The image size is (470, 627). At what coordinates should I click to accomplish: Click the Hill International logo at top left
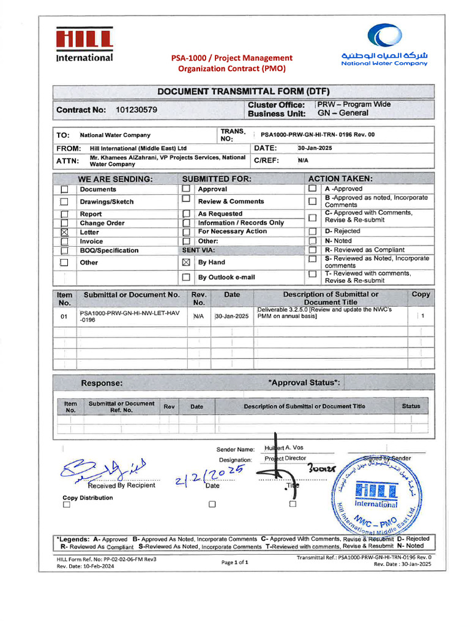(x=84, y=45)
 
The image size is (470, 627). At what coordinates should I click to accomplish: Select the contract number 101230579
(x=136, y=110)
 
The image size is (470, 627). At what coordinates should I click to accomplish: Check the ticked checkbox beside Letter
(x=64, y=233)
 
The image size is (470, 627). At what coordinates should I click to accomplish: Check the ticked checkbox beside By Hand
(x=187, y=262)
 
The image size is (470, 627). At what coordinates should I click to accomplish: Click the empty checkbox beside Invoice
(x=64, y=242)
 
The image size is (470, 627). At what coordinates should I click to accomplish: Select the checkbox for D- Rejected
(x=312, y=231)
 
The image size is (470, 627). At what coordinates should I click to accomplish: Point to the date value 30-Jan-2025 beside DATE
(x=315, y=148)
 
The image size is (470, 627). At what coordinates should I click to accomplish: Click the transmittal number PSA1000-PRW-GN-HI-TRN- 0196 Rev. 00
(x=317, y=135)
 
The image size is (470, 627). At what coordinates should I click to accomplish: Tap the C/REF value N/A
(x=303, y=160)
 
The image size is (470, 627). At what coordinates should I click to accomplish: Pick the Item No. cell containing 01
(x=64, y=317)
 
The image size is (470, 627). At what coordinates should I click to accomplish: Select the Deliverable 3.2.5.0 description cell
(x=324, y=313)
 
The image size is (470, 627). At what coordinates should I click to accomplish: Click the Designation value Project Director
(x=285, y=459)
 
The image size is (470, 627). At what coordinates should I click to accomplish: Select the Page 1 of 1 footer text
(x=234, y=562)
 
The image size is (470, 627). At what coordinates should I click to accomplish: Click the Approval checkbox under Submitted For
(x=186, y=189)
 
